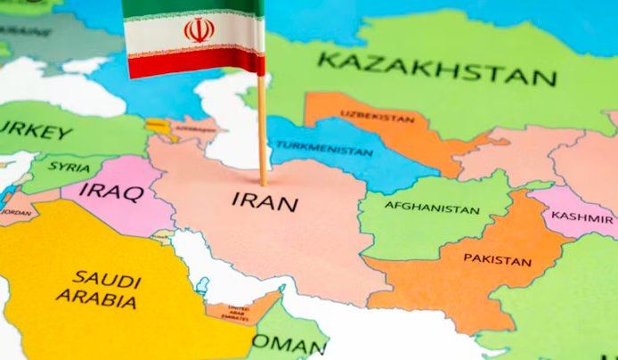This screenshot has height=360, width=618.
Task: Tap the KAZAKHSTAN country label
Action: tap(437, 69)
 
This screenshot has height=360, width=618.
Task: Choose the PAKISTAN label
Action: tap(497, 259)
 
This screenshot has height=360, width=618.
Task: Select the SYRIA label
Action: tap(69, 167)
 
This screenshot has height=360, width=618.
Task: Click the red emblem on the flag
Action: tap(199, 30)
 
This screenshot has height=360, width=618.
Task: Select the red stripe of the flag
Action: tap(196, 62)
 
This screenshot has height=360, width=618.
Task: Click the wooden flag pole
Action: tap(263, 134)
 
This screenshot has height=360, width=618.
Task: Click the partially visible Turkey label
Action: tap(36, 132)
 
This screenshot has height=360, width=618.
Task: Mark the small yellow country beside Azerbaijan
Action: tap(159, 126)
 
